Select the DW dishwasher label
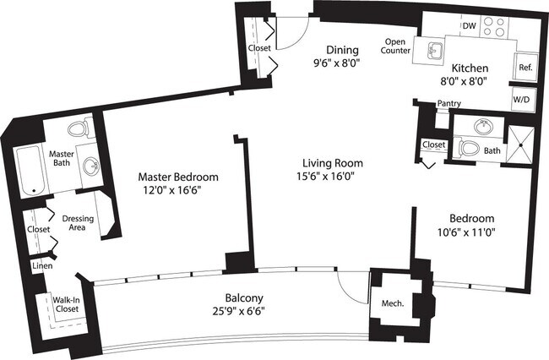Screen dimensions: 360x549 point(469,26)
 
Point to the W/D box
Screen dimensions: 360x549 point(523,98)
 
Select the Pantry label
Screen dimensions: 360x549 point(448,104)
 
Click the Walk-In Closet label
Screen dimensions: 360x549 point(66,304)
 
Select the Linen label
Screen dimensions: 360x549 point(41,267)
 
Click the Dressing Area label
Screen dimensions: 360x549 point(78,224)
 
